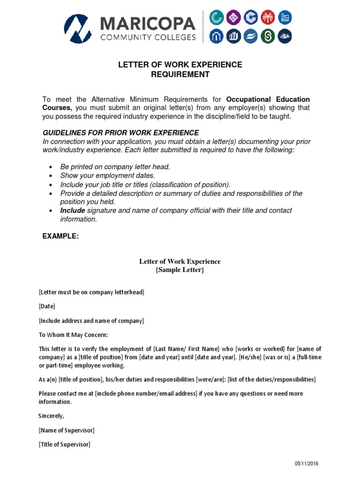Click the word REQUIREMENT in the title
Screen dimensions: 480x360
(x=180, y=75)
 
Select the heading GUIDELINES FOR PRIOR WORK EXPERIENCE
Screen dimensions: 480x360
(x=120, y=133)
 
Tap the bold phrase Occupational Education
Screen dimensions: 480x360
(x=268, y=99)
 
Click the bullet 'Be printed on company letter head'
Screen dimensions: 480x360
(x=115, y=167)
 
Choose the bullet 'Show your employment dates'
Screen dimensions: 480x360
(x=107, y=176)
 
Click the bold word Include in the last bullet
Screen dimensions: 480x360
(x=73, y=210)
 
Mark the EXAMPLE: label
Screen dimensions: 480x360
(x=60, y=236)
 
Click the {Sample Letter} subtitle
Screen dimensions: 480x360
(x=180, y=270)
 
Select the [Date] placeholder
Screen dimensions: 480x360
(x=47, y=307)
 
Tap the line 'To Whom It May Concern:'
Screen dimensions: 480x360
(x=73, y=335)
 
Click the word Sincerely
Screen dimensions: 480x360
(x=51, y=416)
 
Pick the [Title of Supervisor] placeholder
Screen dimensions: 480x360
(x=65, y=444)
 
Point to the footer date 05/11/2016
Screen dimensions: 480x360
(x=307, y=464)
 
